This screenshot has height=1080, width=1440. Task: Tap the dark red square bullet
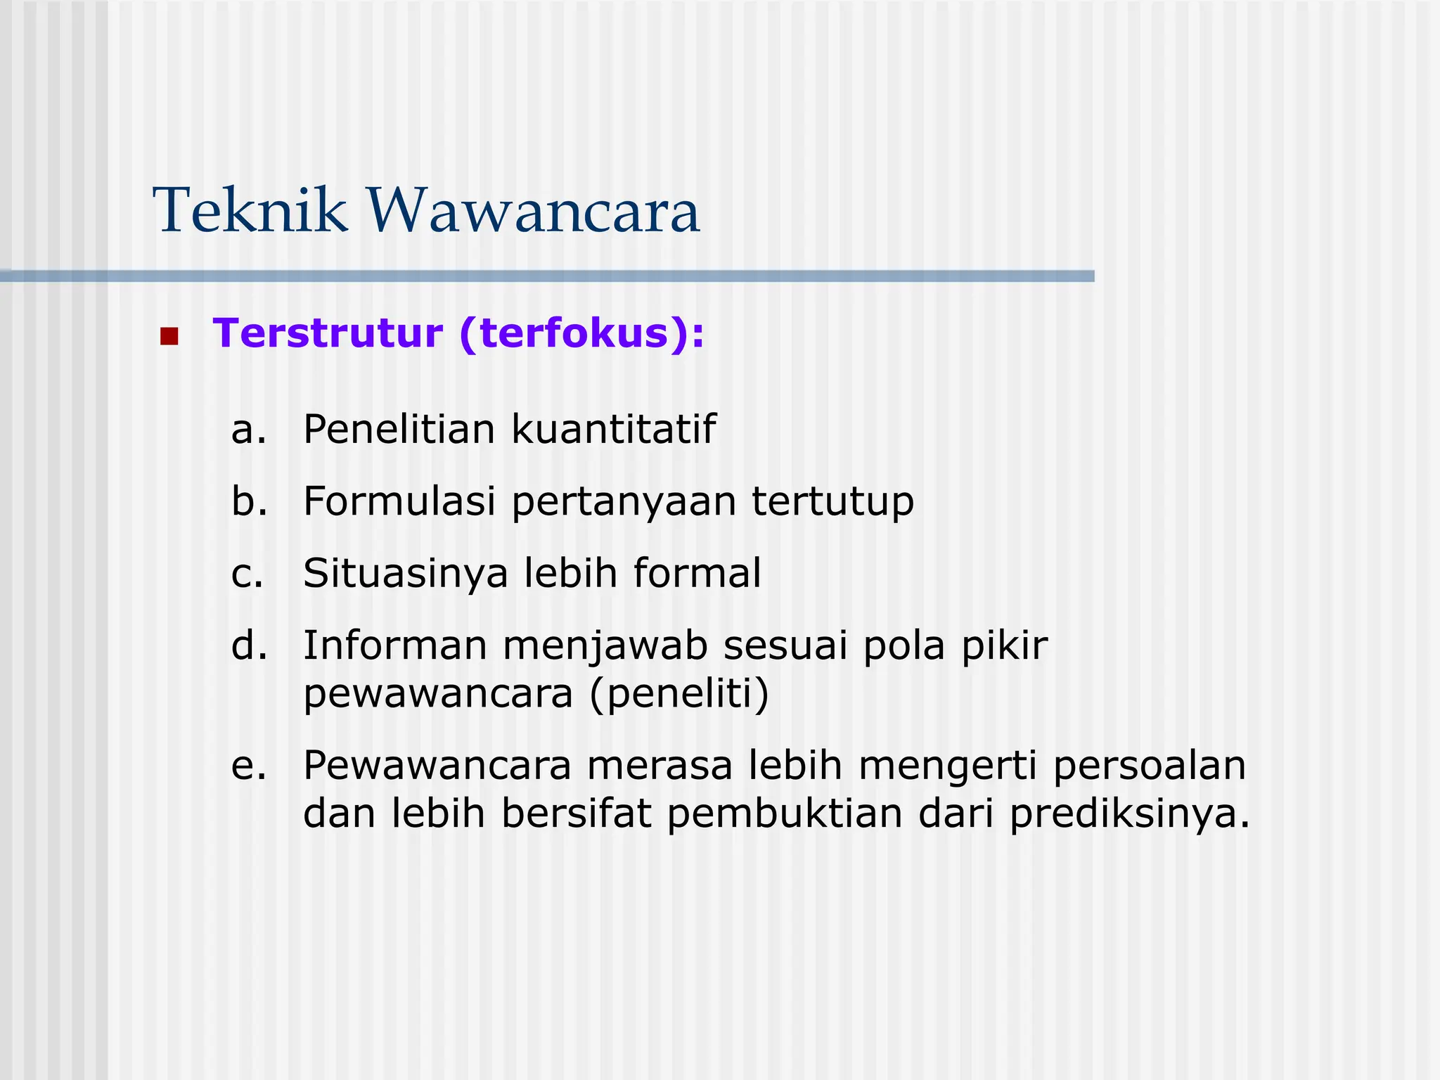point(169,336)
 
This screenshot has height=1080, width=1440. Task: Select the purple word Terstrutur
point(328,333)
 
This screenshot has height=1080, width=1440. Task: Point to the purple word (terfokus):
point(581,334)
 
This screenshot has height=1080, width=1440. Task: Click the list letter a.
point(248,430)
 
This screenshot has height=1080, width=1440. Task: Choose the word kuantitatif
point(613,429)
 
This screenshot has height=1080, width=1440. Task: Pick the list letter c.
point(247,574)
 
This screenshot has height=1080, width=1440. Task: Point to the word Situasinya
point(405,574)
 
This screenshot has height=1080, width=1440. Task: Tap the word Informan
point(394,645)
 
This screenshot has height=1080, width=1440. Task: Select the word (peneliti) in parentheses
point(679,695)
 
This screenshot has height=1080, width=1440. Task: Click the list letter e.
point(248,766)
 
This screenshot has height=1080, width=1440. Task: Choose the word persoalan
point(1149,766)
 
